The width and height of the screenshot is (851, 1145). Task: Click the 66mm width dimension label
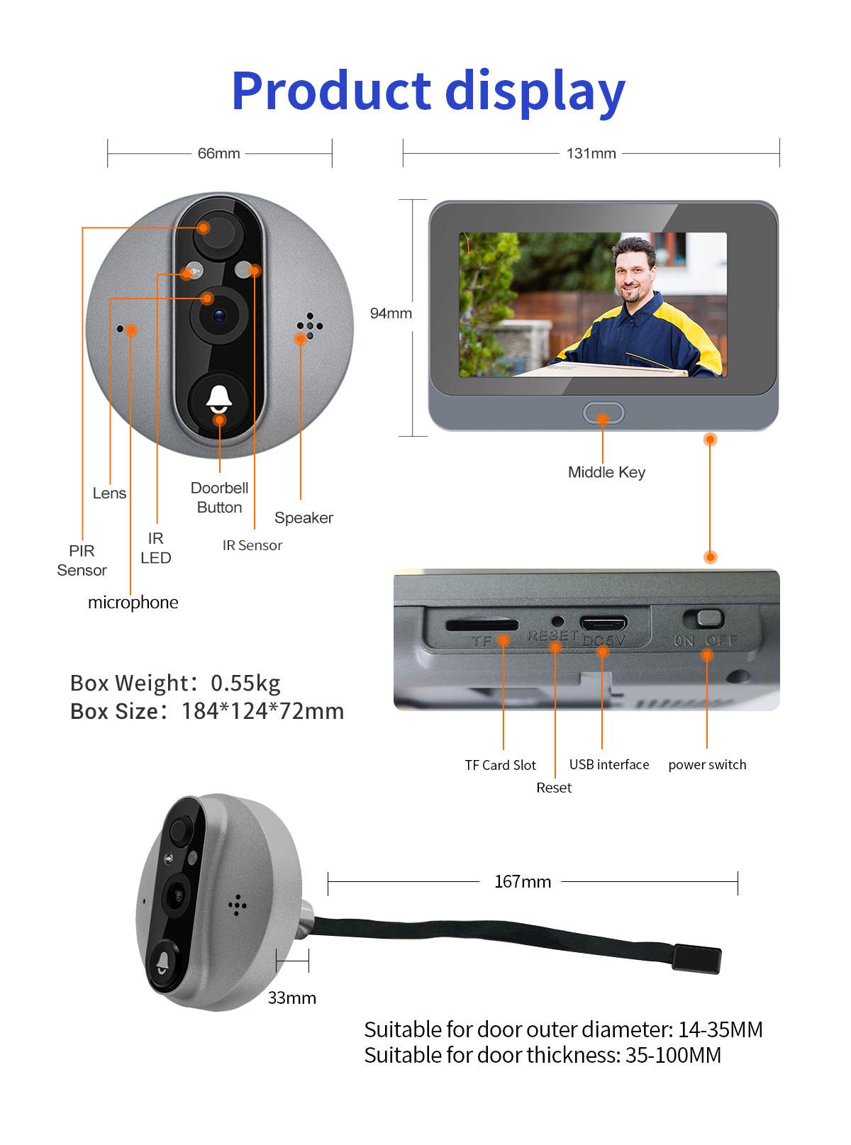point(218,153)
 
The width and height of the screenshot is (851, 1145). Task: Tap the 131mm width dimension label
point(591,153)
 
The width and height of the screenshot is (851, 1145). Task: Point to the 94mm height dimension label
point(391,313)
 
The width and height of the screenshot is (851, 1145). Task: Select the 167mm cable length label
point(523,881)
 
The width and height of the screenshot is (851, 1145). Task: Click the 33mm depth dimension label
point(291,998)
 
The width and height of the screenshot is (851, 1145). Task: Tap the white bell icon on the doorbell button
point(219,398)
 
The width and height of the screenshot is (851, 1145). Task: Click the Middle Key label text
point(606,472)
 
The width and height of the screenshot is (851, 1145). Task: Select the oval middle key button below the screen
point(603,413)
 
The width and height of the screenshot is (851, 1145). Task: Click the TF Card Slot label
point(500,765)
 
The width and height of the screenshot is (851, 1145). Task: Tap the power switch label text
point(707,765)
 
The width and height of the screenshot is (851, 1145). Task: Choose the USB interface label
point(608,764)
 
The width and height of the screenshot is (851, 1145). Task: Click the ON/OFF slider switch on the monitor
point(703,618)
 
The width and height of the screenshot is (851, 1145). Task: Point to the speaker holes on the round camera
point(309,325)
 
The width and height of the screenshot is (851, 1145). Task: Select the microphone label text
point(133,603)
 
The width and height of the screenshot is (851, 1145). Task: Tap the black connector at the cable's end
point(696,959)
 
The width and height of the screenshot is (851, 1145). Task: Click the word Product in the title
point(331,91)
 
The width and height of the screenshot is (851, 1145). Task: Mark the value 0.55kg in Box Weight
point(245,683)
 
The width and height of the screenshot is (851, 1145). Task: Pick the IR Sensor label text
point(252,545)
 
